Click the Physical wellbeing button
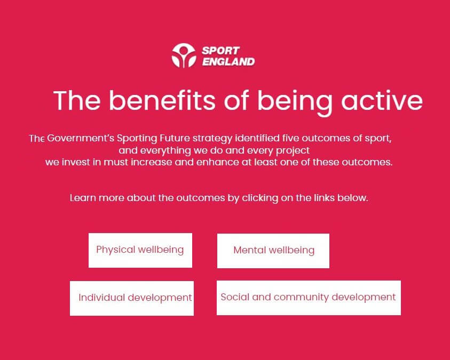coord(140,250)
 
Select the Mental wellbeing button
coord(273,251)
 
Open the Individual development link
coord(132,298)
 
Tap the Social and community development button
coord(309,298)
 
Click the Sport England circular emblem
coord(184,55)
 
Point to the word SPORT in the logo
coord(220,51)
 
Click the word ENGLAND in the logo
coord(228,62)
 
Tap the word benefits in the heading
coord(162,100)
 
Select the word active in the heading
coord(382,100)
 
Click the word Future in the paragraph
coord(175,138)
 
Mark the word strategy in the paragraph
coord(212,139)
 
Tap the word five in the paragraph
coord(290,138)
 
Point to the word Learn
coord(83,198)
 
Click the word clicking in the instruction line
coord(260,198)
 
